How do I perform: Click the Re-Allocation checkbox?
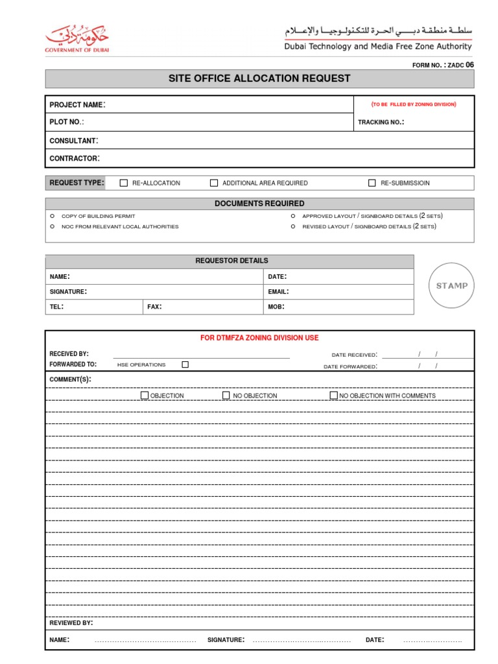point(124,183)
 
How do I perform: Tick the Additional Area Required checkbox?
point(214,183)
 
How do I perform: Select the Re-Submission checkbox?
point(372,183)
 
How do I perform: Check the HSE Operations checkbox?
point(185,364)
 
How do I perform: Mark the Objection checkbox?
point(145,395)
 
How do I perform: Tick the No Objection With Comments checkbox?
point(333,395)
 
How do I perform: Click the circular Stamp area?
point(451,285)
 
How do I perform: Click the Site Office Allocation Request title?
point(259,78)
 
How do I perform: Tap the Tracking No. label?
point(381,122)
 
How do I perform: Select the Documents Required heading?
point(259,204)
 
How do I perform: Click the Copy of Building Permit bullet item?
point(98,216)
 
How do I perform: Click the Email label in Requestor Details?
point(278,292)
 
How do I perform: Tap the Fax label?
point(154,307)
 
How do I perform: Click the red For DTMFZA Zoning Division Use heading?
point(260,338)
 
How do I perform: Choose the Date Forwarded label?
point(350,367)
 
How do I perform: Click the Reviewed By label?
point(71,623)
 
